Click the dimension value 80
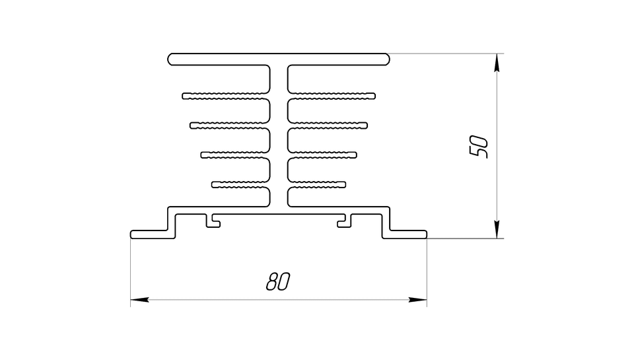278,282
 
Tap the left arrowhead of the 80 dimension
139,300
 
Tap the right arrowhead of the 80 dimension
417,300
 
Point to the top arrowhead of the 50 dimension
497,63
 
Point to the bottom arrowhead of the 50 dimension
497,229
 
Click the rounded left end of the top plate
170,59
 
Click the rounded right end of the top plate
387,59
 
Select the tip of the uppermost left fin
184,96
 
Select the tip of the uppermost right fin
374,96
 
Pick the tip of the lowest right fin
344,184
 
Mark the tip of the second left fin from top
192,126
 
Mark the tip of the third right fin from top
355,155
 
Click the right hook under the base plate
345,221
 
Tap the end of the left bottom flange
132,234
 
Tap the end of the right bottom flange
425,234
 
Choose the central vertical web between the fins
279,136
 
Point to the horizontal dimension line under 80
279,300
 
